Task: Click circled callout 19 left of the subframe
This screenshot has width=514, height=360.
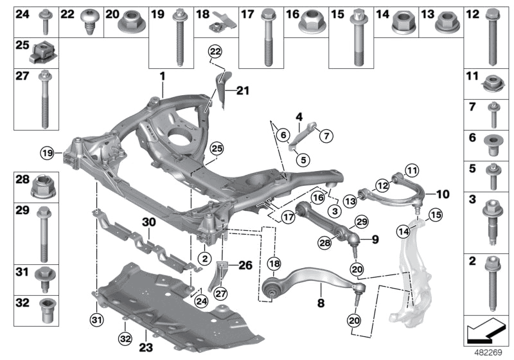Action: pyautogui.click(x=46, y=153)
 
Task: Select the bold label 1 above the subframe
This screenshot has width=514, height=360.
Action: pyautogui.click(x=163, y=75)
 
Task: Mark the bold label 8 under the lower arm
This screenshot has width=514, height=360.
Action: pyautogui.click(x=319, y=300)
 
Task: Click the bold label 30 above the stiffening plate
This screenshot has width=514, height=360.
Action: pyautogui.click(x=149, y=222)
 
